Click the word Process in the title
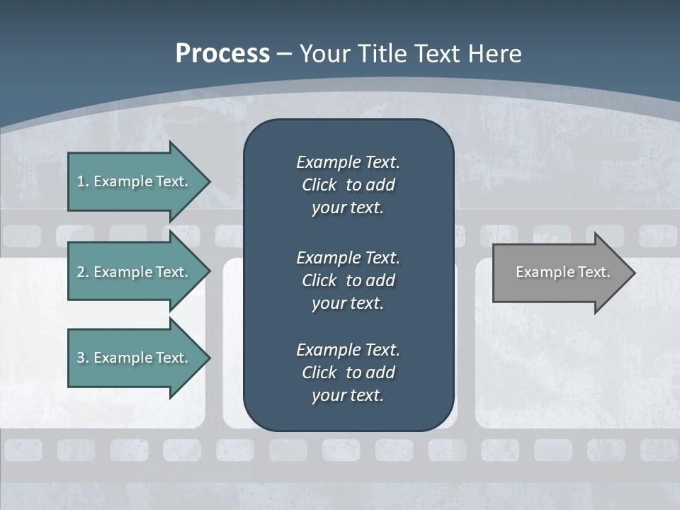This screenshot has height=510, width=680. pyautogui.click(x=222, y=54)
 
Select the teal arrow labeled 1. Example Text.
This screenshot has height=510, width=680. pyautogui.click(x=135, y=181)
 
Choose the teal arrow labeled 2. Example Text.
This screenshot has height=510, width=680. pyautogui.click(x=135, y=272)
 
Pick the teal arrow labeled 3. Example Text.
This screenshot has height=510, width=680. pyautogui.click(x=135, y=358)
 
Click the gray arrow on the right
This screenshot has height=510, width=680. pyautogui.click(x=560, y=273)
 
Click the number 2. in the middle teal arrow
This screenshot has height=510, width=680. pyautogui.click(x=82, y=272)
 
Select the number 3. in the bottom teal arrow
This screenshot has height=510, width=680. pyautogui.click(x=82, y=358)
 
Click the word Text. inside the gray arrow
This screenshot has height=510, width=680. pyautogui.click(x=595, y=272)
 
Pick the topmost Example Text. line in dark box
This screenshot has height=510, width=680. pyautogui.click(x=348, y=162)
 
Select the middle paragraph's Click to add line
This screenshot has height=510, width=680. pyautogui.click(x=348, y=280)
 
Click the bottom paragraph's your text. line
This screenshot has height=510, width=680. pyautogui.click(x=348, y=395)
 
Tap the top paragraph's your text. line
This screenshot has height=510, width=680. pyautogui.click(x=348, y=208)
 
